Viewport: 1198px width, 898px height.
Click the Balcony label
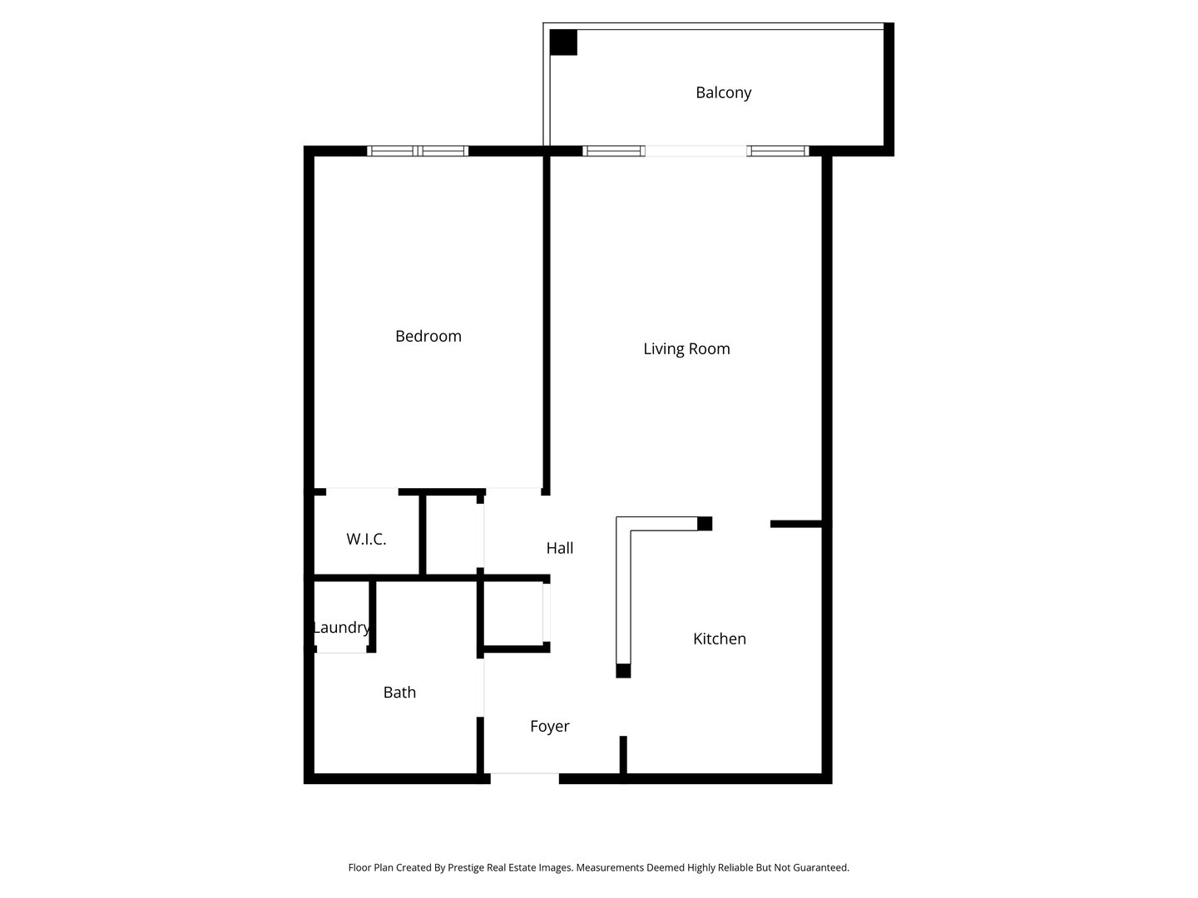723,92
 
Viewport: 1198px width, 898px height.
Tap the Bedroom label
428,336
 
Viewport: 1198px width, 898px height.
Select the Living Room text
686,348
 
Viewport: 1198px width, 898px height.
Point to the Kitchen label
720,639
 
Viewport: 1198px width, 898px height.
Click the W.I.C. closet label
366,539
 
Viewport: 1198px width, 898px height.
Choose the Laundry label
341,627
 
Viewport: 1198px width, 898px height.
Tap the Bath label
399,692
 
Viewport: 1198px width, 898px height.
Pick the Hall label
560,548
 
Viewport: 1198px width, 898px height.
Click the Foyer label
550,726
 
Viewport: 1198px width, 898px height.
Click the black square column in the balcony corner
564,42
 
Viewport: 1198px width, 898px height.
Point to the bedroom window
418,151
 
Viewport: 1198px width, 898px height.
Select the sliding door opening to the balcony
696,151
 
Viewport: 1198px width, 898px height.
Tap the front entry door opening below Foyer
524,778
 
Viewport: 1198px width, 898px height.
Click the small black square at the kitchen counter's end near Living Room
705,523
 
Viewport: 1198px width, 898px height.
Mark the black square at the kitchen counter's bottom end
623,670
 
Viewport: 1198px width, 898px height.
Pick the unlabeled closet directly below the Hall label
513,614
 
